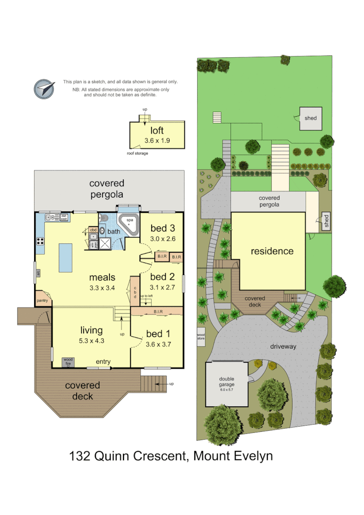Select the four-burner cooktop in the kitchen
[40, 241]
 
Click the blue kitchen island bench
[66, 258]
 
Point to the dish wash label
[63, 218]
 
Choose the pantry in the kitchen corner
[43, 299]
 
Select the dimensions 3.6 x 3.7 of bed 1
[158, 344]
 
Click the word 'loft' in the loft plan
[156, 131]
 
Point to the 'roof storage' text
[137, 153]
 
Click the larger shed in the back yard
[310, 118]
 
